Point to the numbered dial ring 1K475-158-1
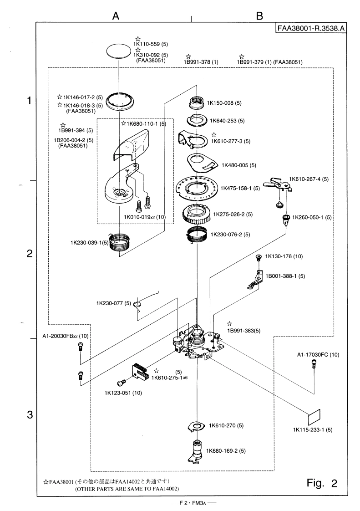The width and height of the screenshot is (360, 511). pos(197,187)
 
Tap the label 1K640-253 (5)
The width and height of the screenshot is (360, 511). pos(227,121)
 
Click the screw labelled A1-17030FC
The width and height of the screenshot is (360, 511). pos(313,363)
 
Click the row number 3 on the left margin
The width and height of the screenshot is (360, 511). pos(30,415)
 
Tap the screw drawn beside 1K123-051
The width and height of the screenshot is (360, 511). pos(122,383)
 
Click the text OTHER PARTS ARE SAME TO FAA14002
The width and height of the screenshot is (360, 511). pos(127,489)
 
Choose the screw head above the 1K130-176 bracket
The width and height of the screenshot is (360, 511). pos(258,257)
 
